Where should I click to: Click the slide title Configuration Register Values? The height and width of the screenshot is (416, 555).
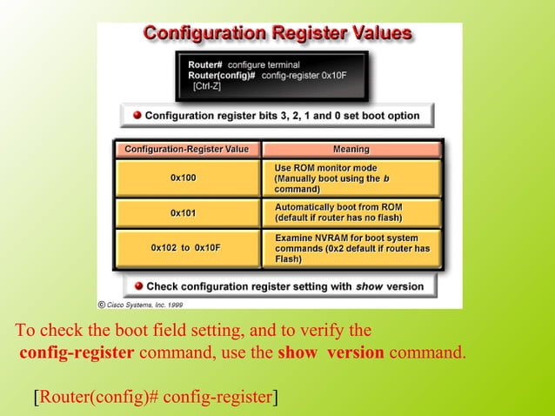click(277, 33)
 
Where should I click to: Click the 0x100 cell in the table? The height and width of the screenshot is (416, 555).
click(184, 178)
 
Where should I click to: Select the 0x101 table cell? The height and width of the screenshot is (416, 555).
click(184, 212)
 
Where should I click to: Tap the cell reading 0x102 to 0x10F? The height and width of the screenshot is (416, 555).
click(185, 248)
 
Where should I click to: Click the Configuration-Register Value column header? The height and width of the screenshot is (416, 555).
click(186, 150)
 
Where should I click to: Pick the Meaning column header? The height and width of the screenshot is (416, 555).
click(351, 150)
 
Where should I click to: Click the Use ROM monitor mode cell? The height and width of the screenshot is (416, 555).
click(351, 178)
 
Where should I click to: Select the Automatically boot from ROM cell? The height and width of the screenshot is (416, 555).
click(351, 212)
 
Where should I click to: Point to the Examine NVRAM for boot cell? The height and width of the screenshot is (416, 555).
click(351, 248)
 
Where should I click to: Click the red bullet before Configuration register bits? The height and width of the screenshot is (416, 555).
click(137, 115)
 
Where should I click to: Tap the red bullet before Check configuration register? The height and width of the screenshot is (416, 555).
click(137, 285)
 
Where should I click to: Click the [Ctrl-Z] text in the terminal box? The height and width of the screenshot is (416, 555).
click(206, 87)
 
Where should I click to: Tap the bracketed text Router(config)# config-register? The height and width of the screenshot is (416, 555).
click(156, 398)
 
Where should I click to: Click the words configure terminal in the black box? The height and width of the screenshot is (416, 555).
click(264, 64)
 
